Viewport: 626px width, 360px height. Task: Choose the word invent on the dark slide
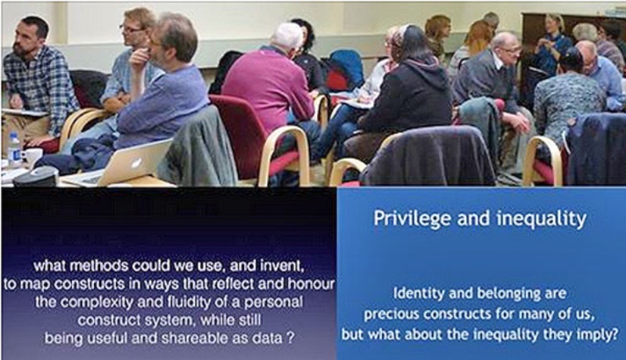click(282, 266)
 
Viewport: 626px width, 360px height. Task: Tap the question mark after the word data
click(290, 338)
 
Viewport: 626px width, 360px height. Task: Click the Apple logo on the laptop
click(137, 163)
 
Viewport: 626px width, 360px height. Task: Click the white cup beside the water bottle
click(33, 157)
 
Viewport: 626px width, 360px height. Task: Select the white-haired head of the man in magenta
click(286, 37)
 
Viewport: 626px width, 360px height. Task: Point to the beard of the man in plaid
click(21, 49)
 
